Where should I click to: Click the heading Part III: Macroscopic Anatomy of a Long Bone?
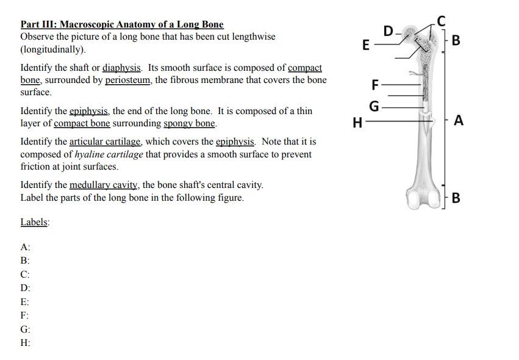[122, 24]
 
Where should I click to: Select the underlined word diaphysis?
[122, 68]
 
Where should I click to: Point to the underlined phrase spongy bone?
[189, 123]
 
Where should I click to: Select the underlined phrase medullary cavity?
[103, 185]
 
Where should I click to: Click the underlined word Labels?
[35, 222]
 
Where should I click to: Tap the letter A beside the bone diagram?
[459, 120]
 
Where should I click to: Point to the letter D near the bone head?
[389, 31]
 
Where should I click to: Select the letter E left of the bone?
[365, 45]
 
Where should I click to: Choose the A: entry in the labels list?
[25, 247]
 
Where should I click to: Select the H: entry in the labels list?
[25, 342]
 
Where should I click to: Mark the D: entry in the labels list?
[25, 288]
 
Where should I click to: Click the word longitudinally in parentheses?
[53, 49]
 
